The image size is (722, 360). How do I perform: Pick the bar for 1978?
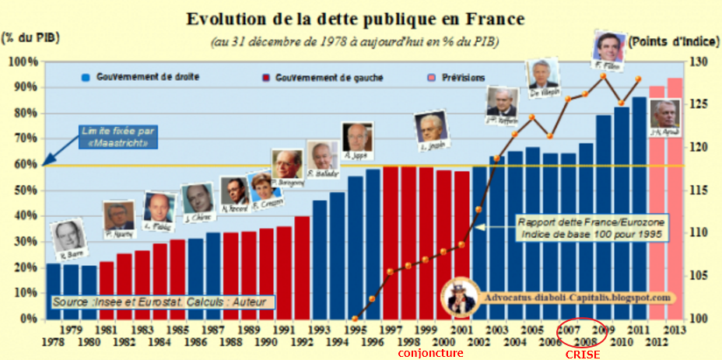(x=53, y=292)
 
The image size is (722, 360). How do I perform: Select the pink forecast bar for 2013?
(x=675, y=198)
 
